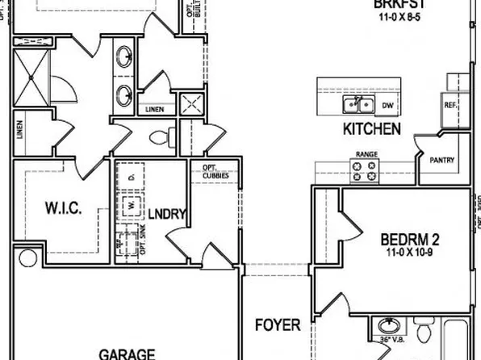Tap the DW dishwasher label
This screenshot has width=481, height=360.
tap(387, 105)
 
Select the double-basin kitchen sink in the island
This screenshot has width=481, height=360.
tap(358, 105)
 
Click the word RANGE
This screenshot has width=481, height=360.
tap(367, 153)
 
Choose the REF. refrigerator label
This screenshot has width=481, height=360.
tap(450, 105)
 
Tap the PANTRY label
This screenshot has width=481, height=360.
tap(442, 160)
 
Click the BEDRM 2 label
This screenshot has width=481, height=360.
tap(409, 239)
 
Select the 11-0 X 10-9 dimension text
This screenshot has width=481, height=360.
tap(409, 252)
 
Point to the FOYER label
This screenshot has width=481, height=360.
tap(278, 326)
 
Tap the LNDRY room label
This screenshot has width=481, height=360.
tap(168, 214)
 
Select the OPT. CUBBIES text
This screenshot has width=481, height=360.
tap(213, 172)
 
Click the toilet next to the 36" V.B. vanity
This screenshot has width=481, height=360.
tap(425, 333)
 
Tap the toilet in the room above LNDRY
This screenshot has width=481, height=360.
tap(161, 135)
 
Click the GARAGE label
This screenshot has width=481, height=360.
tap(128, 354)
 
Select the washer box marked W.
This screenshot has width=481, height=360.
tap(128, 206)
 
